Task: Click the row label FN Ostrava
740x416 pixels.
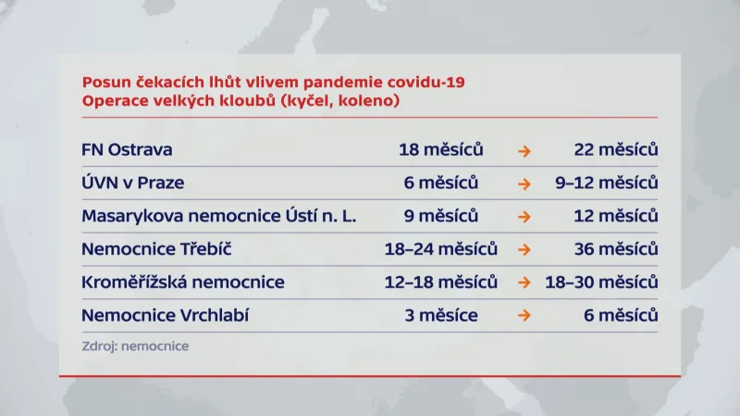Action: coord(127,149)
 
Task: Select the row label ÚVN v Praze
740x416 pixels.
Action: coord(132,183)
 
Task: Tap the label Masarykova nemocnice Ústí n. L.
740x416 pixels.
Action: coord(218,216)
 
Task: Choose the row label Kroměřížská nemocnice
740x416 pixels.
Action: coord(183,282)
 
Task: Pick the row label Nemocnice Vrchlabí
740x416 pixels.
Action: coord(166,315)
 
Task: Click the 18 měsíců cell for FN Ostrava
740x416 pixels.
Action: coord(441,149)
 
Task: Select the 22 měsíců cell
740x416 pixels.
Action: coord(615,149)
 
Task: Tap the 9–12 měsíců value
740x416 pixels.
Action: coord(607,183)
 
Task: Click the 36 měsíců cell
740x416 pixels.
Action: coord(615,249)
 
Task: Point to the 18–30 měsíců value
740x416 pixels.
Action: coord(601,282)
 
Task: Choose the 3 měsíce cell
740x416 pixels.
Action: coord(441,315)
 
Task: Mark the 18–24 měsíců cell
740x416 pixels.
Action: coord(441,249)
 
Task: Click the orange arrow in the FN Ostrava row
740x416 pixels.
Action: coord(524,150)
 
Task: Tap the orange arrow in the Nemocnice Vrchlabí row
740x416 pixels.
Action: coord(524,316)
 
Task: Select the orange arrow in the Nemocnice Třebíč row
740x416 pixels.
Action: coord(524,250)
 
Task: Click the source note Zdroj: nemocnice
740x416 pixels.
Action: coord(135,346)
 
